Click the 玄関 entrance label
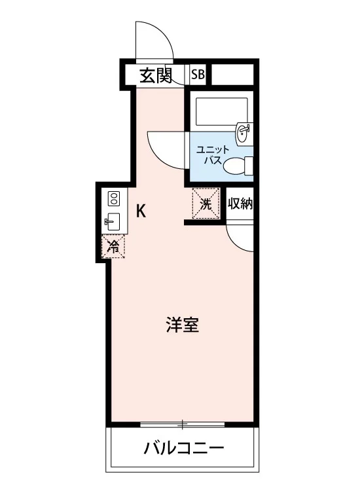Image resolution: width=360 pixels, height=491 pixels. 156,75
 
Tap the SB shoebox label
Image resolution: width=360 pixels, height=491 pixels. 198,75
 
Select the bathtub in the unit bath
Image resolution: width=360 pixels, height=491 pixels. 221,112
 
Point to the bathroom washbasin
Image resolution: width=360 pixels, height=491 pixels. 245,133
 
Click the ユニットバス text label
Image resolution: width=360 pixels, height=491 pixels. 209,155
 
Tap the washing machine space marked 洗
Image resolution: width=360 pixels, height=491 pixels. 206,203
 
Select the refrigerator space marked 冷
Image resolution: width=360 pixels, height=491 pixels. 113,246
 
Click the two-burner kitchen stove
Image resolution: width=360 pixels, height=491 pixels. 114,198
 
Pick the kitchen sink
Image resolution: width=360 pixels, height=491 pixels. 113,222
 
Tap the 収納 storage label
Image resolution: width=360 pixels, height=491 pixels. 240,204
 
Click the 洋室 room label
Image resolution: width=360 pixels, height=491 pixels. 182,325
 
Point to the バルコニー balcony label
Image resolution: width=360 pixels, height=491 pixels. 184,448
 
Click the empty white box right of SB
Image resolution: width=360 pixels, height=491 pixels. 232,74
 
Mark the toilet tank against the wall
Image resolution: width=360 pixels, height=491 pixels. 249,166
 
